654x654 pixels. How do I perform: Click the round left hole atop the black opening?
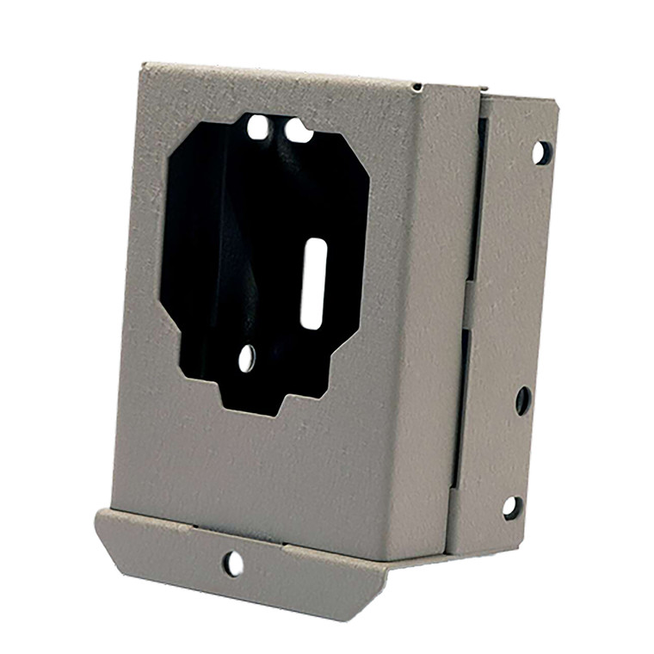pyautogui.click(x=257, y=128)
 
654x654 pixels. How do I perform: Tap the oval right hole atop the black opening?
pyautogui.click(x=298, y=132)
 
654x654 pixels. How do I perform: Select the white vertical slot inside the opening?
pyautogui.click(x=312, y=283)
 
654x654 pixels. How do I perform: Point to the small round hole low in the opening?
pyautogui.click(x=247, y=358)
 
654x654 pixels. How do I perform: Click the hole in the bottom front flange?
pyautogui.click(x=232, y=564)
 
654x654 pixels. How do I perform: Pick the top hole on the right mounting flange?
pyautogui.click(x=541, y=152)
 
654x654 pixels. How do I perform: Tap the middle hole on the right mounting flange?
pyautogui.click(x=523, y=400)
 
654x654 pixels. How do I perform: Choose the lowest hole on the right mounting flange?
pyautogui.click(x=512, y=507)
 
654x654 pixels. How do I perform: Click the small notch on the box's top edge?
pyautogui.click(x=417, y=87)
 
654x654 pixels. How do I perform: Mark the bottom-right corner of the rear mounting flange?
pyautogui.click(x=520, y=546)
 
